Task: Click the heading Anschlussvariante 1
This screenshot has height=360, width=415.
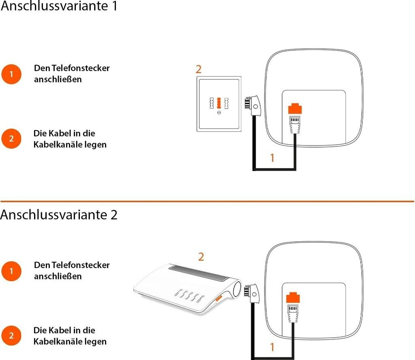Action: [59, 6]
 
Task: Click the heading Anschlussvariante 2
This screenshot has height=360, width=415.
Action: [59, 214]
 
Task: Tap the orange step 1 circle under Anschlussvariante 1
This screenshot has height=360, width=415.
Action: [11, 74]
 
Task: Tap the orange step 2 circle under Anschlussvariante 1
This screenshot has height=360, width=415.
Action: [11, 138]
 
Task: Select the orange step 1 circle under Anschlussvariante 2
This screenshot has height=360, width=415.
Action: [11, 271]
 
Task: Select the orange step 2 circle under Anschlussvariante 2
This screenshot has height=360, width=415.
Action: [11, 336]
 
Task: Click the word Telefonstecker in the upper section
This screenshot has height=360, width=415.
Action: [81, 68]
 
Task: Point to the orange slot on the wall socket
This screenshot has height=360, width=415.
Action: [219, 103]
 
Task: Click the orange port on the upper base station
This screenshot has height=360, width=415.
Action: [295, 109]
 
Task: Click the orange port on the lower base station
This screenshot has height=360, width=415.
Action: [293, 298]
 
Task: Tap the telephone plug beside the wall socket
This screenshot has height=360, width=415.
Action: [252, 106]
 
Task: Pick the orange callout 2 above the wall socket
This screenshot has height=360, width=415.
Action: [199, 69]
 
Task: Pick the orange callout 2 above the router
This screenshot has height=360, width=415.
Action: [201, 257]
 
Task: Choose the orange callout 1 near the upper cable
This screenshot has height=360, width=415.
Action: [272, 158]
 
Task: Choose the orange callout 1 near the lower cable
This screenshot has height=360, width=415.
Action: [272, 347]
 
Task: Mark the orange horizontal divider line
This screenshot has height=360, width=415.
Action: [207, 201]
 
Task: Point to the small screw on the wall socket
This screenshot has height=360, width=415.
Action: [219, 113]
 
